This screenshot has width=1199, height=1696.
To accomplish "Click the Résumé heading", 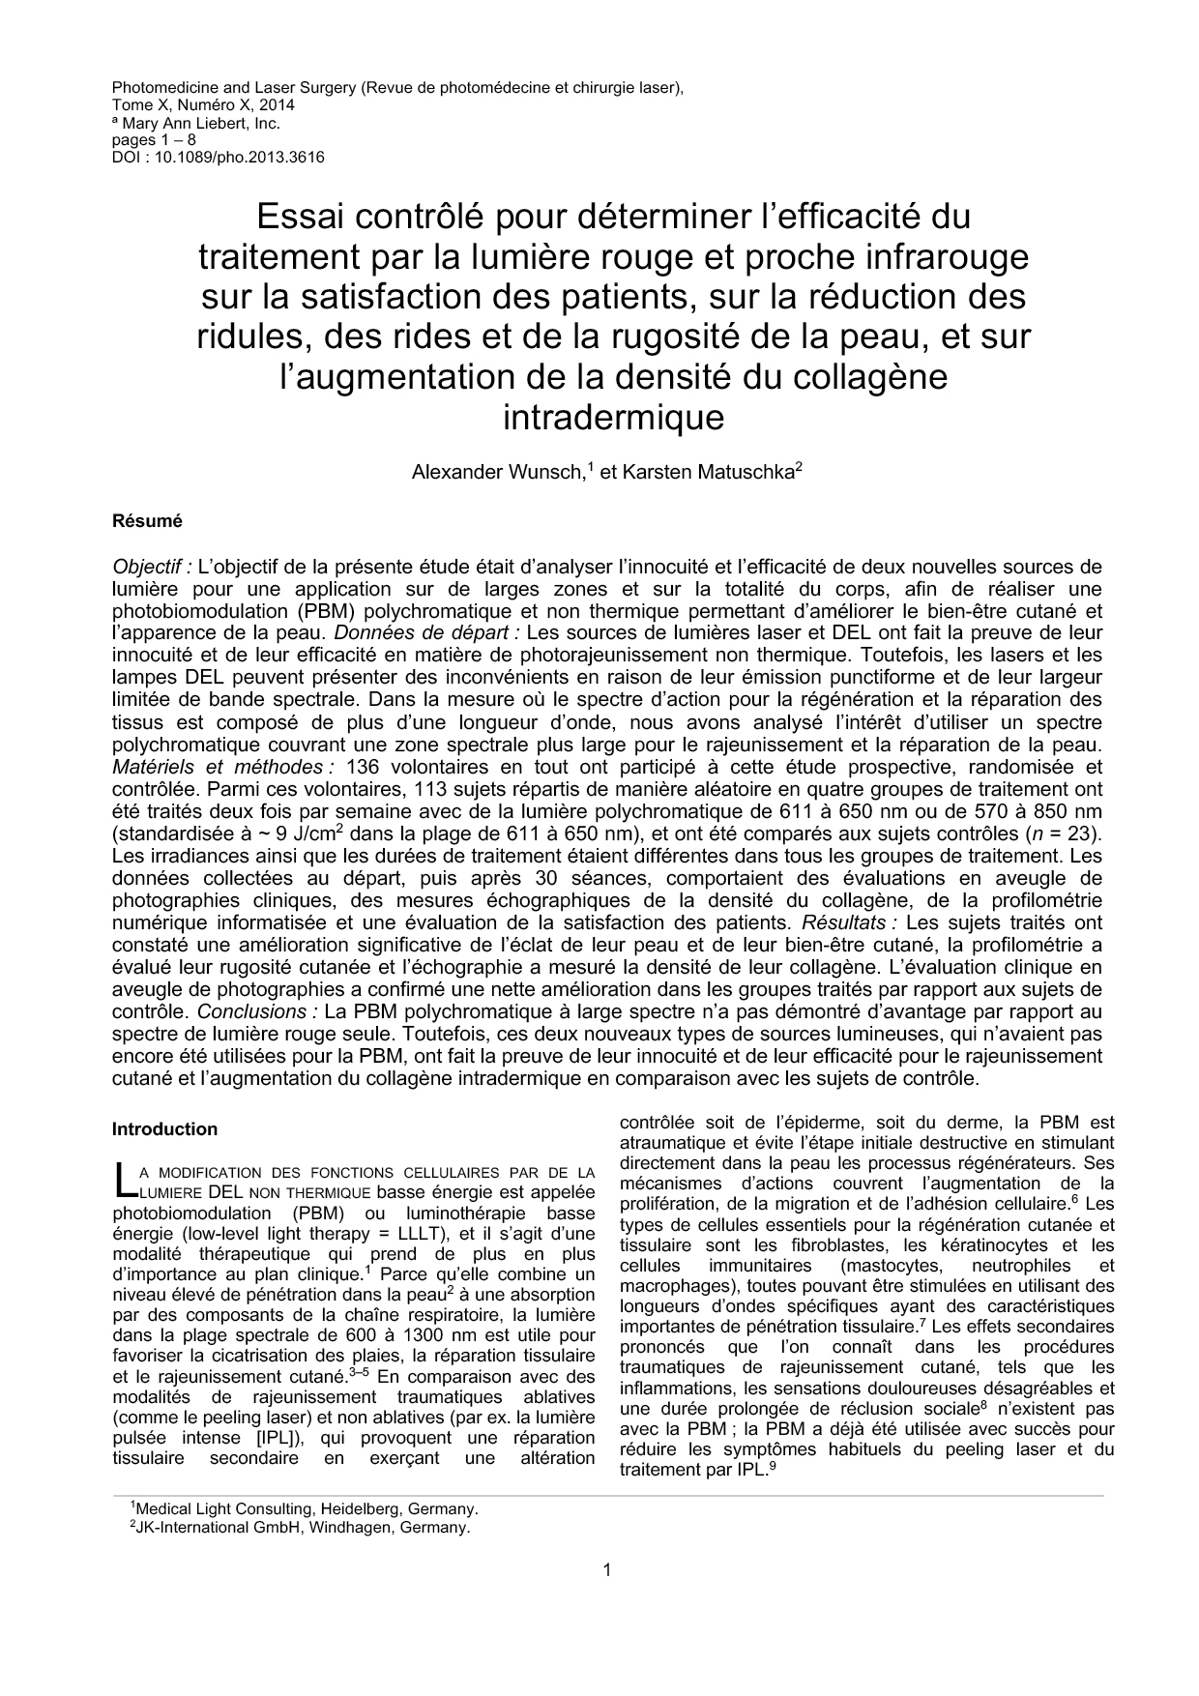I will coord(147,521).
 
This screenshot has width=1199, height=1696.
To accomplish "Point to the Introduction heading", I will coord(164,1129).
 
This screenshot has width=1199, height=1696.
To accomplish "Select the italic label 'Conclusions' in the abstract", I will coord(257,1011).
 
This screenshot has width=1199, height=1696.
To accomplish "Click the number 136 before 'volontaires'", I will coord(361,767).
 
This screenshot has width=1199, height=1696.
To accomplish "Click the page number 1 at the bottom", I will coord(606,1569).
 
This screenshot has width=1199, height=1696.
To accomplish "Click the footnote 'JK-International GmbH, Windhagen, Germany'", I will coord(302,1529).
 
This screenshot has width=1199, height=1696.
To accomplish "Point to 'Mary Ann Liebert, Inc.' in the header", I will coord(200,123).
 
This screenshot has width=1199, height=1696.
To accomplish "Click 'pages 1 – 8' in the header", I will coord(155,140).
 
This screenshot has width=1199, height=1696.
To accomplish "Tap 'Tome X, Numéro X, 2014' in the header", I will coord(203,104).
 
